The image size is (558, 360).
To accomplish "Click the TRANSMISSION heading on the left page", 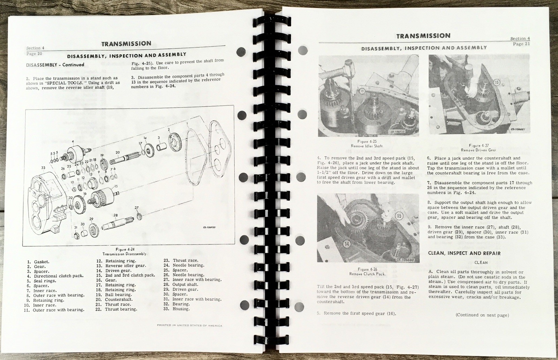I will pyautogui.click(x=126, y=44).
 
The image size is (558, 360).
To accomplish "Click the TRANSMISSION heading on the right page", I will pyautogui.click(x=423, y=36).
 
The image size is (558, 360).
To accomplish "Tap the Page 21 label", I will pyautogui.click(x=521, y=44).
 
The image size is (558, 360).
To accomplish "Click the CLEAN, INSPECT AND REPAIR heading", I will pyautogui.click(x=464, y=253).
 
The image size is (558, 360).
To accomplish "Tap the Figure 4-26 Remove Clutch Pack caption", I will pyautogui.click(x=363, y=271).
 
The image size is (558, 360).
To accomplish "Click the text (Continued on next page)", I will pyautogui.click(x=482, y=315).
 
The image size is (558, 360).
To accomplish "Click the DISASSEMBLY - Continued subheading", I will pyautogui.click(x=55, y=65).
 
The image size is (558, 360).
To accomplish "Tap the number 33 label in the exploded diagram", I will pyautogui.click(x=43, y=167).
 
